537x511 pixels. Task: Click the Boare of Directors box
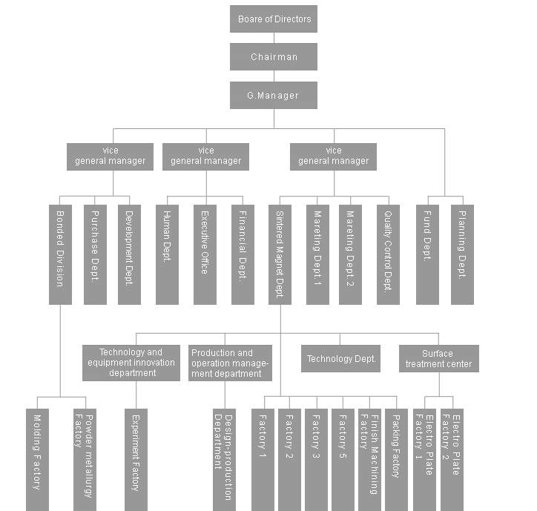coord(274,19)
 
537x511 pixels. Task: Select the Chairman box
coord(274,57)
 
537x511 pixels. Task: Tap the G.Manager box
coord(274,95)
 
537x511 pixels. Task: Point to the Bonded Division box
coord(60,254)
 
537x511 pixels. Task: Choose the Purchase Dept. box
coord(95,254)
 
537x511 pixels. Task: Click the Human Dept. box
coord(167,254)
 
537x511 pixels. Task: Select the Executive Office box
coord(205,254)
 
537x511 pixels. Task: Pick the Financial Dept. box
coord(243,254)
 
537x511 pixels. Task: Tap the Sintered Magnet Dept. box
coord(280,254)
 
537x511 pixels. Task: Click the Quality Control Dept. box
coord(388,254)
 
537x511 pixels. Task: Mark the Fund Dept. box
coord(427,254)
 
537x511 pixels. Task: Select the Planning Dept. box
coord(462,254)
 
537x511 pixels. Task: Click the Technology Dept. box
coord(340,359)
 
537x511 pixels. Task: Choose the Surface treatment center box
coord(439,359)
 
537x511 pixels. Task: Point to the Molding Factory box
coord(37,460)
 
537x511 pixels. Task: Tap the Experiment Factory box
coord(136,460)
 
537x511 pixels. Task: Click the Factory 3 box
coord(316,460)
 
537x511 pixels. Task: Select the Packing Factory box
coord(396,460)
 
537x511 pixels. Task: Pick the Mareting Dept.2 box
coord(350,254)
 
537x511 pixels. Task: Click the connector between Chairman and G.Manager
coord(274,76)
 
